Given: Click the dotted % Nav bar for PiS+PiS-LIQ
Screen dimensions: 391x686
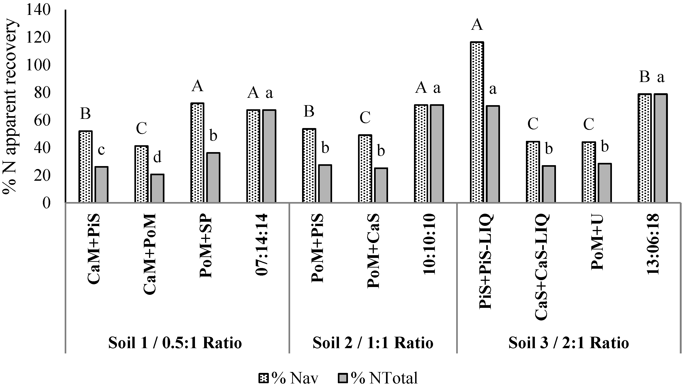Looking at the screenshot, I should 477,122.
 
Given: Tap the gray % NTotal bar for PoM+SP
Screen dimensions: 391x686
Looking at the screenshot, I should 213,178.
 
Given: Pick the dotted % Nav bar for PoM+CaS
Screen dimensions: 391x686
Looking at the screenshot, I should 365,169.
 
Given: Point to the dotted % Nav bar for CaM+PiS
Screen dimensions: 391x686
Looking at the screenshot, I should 86,167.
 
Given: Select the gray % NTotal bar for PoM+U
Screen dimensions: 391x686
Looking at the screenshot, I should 605,183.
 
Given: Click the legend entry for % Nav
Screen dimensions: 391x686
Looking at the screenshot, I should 288,378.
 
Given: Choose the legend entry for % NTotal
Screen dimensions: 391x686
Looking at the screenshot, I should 378,378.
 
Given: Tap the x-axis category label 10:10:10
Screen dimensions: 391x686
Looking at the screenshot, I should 429,244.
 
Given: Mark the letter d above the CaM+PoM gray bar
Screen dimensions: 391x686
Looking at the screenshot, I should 157,158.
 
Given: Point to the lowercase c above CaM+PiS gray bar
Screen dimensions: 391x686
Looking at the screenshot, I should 101,150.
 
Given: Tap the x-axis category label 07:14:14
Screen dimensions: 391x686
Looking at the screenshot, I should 261,244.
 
